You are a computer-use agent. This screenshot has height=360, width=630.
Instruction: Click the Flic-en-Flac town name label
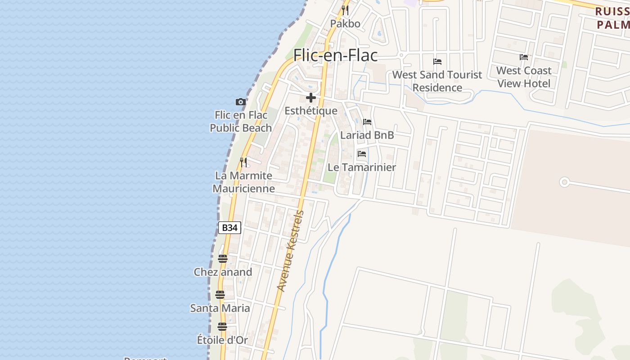(335, 55)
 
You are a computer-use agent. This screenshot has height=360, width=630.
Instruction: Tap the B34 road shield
(229, 228)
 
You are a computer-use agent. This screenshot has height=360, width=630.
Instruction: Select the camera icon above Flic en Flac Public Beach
(241, 102)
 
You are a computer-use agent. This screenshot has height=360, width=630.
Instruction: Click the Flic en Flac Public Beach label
(241, 121)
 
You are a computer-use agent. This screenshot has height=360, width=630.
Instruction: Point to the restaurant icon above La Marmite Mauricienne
(243, 162)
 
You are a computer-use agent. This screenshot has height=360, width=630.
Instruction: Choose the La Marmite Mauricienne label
(243, 182)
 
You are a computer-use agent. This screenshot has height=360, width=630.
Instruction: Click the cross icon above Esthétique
(310, 98)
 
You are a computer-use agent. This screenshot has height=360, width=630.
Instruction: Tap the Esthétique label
(311, 111)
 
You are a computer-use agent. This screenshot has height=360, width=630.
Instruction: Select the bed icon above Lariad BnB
(367, 122)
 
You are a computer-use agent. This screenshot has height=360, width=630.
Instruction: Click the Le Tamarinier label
(362, 167)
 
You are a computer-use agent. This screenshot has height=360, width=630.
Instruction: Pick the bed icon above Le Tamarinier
(362, 154)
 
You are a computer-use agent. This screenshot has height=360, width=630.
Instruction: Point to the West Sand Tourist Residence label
(437, 81)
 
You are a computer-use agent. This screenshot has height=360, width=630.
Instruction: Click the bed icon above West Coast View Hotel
(524, 57)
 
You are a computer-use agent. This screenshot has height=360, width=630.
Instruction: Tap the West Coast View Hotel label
(524, 77)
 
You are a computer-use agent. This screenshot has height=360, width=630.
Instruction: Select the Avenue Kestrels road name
(290, 251)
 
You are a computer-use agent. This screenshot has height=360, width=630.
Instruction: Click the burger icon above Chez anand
(223, 259)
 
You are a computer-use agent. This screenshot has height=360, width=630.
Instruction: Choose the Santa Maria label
(220, 308)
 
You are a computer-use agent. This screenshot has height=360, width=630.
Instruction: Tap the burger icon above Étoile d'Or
(222, 327)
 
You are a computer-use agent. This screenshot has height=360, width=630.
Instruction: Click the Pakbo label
(345, 23)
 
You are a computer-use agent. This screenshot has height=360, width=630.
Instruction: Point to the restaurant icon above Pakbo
(345, 10)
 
